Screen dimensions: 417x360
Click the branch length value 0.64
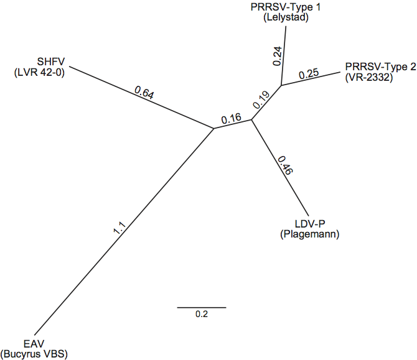pyautogui.click(x=144, y=93)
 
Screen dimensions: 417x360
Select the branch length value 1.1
pyautogui.click(x=119, y=228)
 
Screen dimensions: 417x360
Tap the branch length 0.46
pyautogui.click(x=285, y=165)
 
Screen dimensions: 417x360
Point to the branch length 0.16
pyautogui.click(x=231, y=119)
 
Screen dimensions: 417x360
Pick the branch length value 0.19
pyautogui.click(x=261, y=100)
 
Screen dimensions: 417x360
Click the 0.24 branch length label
pyautogui.click(x=277, y=56)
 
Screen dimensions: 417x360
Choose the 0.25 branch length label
pyautogui.click(x=309, y=74)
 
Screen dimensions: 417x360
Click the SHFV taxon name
pyautogui.click(x=51, y=62)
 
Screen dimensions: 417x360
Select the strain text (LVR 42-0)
pyautogui.click(x=39, y=72)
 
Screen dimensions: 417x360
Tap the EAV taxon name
pyautogui.click(x=34, y=344)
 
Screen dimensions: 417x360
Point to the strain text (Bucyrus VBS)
pyautogui.click(x=34, y=354)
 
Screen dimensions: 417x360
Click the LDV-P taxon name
pyautogui.click(x=310, y=224)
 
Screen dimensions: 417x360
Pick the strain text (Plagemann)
pyautogui.click(x=310, y=234)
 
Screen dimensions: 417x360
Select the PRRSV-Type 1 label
pyautogui.click(x=286, y=7)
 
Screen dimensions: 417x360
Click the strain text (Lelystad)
pyautogui.click(x=286, y=17)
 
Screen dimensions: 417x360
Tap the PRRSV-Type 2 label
pyautogui.click(x=380, y=67)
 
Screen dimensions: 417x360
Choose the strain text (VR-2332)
pyautogui.click(x=369, y=77)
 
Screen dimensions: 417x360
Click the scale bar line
pyautogui.click(x=202, y=308)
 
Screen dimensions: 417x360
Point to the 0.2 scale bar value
pyautogui.click(x=202, y=315)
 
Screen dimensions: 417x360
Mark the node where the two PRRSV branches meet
pyautogui.click(x=281, y=85)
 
